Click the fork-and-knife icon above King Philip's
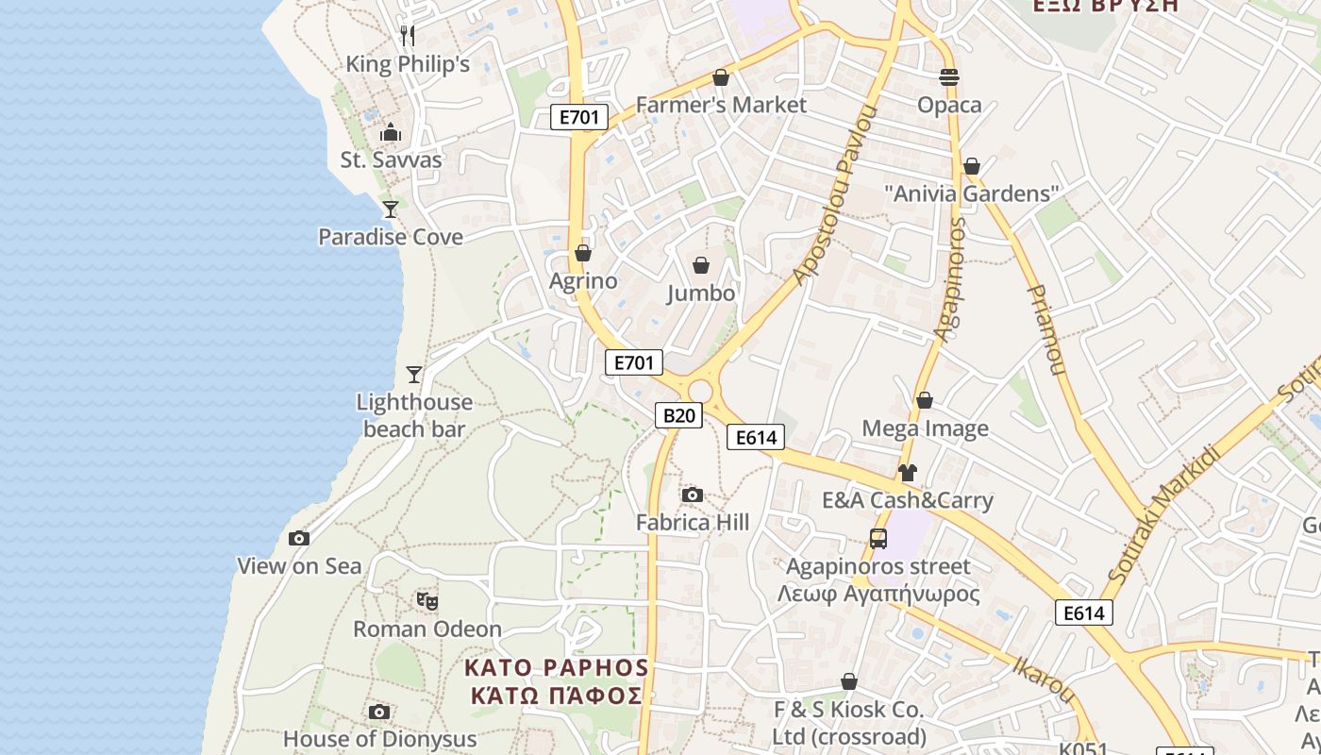click(x=408, y=36)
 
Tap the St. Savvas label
click(x=391, y=159)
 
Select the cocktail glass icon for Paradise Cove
click(x=390, y=209)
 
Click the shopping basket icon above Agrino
click(x=583, y=253)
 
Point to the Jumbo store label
click(x=701, y=294)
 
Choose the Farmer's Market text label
click(x=721, y=105)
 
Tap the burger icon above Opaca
click(x=949, y=77)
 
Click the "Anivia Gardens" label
click(x=972, y=193)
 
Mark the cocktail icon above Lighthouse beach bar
click(x=413, y=375)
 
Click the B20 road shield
click(x=679, y=414)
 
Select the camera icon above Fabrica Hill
click(x=692, y=495)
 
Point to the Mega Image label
click(x=925, y=428)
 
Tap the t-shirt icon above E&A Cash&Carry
click(x=908, y=473)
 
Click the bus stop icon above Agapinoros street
click(x=878, y=539)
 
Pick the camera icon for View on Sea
click(x=299, y=538)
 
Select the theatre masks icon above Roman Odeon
click(x=427, y=600)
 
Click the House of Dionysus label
click(x=379, y=739)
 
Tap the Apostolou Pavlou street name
click(x=836, y=195)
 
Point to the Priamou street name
click(x=1047, y=329)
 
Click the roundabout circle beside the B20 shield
click(x=700, y=391)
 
